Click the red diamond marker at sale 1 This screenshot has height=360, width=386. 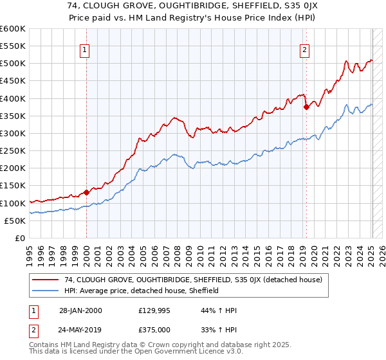(x=86, y=192)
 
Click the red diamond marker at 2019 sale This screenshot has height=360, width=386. (x=306, y=107)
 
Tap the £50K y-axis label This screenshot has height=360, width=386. (x=15, y=221)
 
